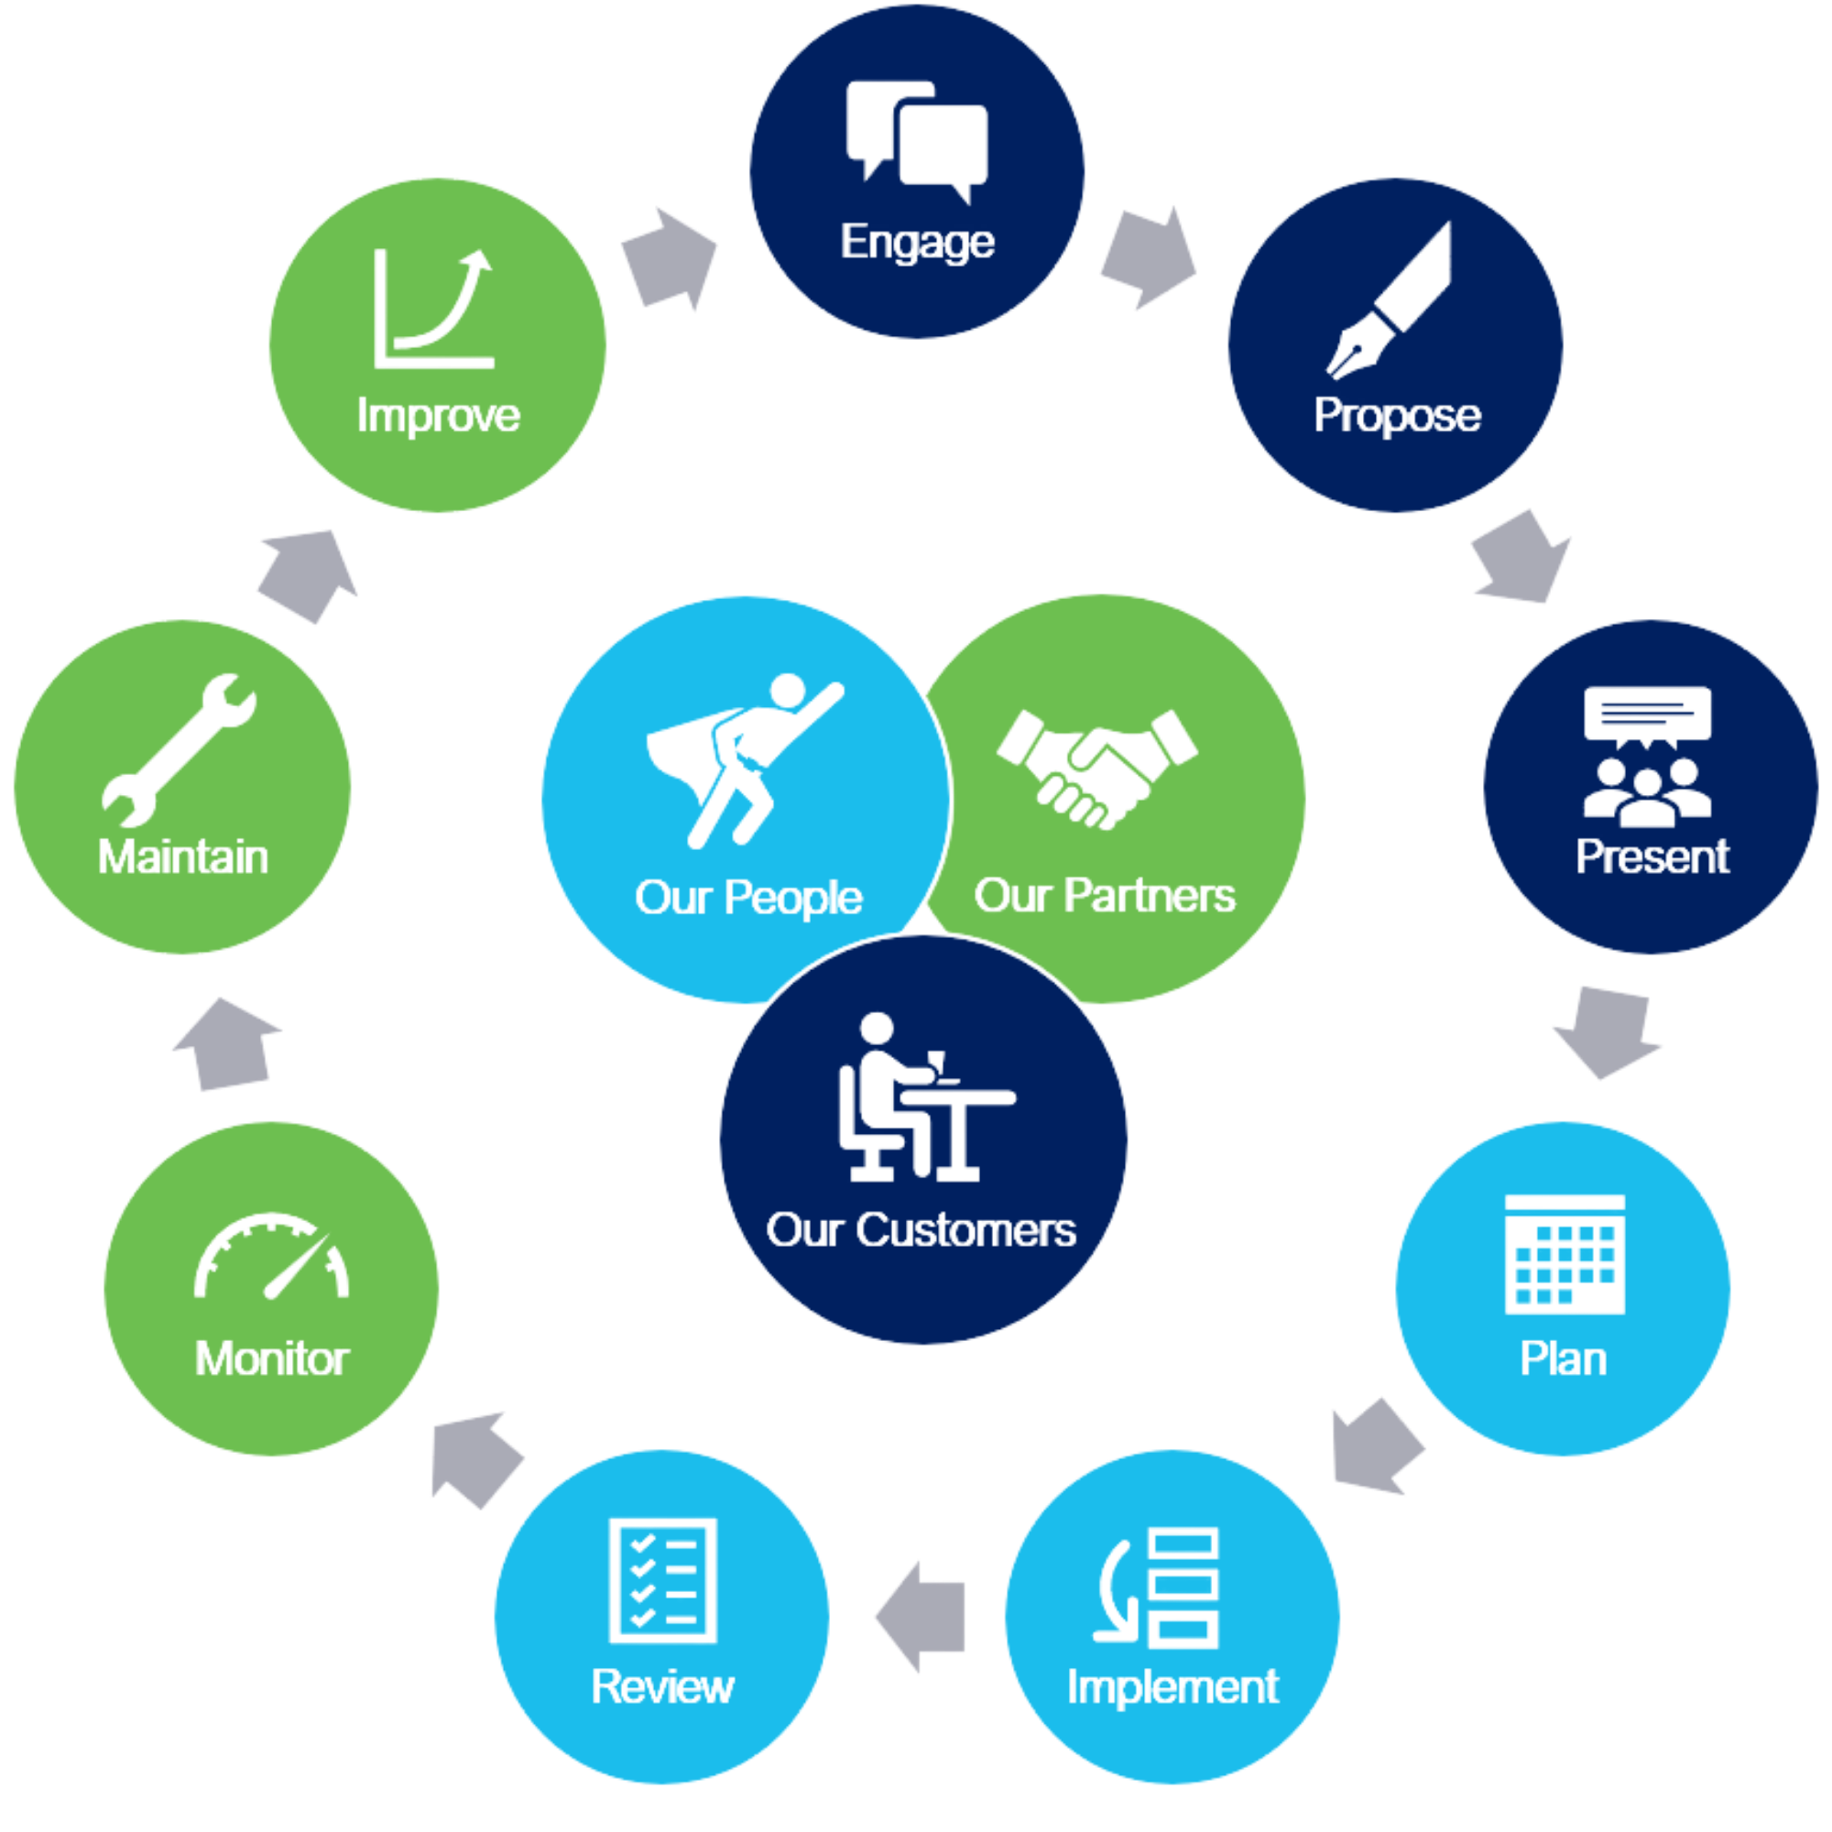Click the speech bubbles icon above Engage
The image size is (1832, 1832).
coord(917,140)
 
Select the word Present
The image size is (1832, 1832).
coord(1652,856)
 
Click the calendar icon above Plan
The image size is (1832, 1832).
coord(1565,1254)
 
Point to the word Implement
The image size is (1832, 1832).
coord(1172,1686)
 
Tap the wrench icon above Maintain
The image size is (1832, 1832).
coord(180,749)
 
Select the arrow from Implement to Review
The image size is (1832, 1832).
coord(920,1616)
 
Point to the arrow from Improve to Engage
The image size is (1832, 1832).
coord(670,258)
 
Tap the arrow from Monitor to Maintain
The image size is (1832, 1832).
coord(228,1043)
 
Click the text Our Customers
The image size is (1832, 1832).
coord(921,1231)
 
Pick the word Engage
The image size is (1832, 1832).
coord(917,242)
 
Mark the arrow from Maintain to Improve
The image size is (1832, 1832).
coord(309,574)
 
